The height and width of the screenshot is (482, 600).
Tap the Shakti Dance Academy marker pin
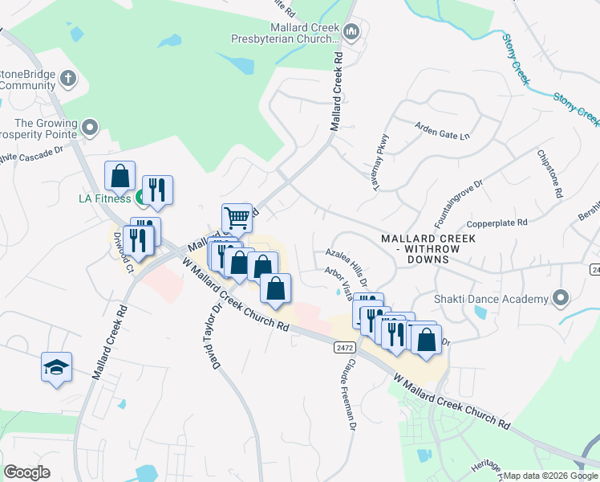coord(560,300)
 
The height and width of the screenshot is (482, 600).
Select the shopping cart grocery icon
coord(237,217)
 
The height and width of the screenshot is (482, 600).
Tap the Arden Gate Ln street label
coord(442,131)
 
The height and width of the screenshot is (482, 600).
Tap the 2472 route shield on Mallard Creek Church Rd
coord(343,345)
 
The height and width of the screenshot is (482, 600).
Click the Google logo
coord(26,472)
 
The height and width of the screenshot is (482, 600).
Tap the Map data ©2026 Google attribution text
coord(549,476)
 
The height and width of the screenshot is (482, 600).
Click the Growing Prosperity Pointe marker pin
coord(90,126)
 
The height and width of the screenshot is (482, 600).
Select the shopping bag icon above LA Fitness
coord(120,174)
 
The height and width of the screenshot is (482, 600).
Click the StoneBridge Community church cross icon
coord(68,79)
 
